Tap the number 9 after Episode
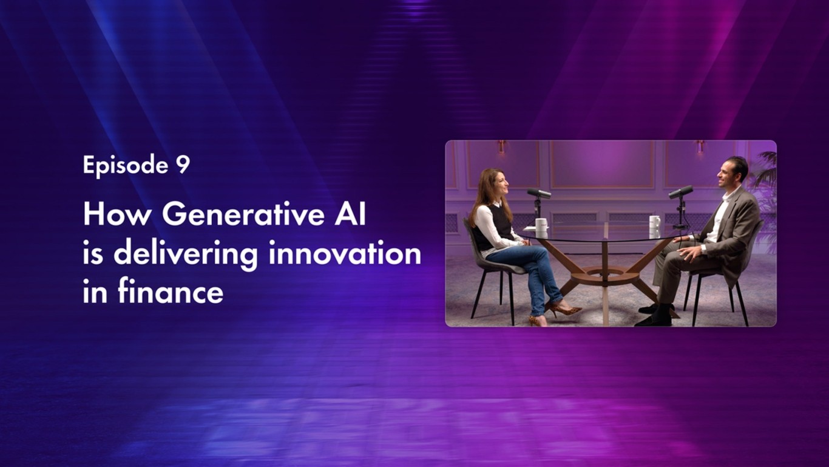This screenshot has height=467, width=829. pos(183,165)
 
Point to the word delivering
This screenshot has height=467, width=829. pos(185,254)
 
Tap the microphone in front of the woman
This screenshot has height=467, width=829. pos(538,194)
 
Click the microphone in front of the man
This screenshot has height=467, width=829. pos(681,193)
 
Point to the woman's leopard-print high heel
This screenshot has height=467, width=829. pos(565,310)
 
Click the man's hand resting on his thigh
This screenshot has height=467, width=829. pos(689,250)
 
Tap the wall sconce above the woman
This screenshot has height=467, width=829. pos(502,146)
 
